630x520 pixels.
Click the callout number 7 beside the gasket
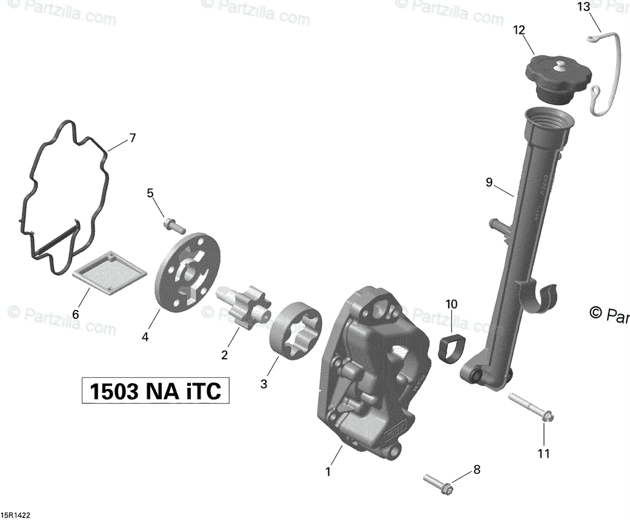coord(132,138)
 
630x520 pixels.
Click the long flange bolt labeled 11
coord(531,408)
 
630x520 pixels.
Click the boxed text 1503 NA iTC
coord(156,392)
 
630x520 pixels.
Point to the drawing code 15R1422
coord(15,515)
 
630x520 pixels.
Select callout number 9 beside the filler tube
coord(489,182)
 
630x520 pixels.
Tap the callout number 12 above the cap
coord(519,30)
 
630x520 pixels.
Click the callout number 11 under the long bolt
coord(544,453)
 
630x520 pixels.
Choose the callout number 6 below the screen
coord(76,314)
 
